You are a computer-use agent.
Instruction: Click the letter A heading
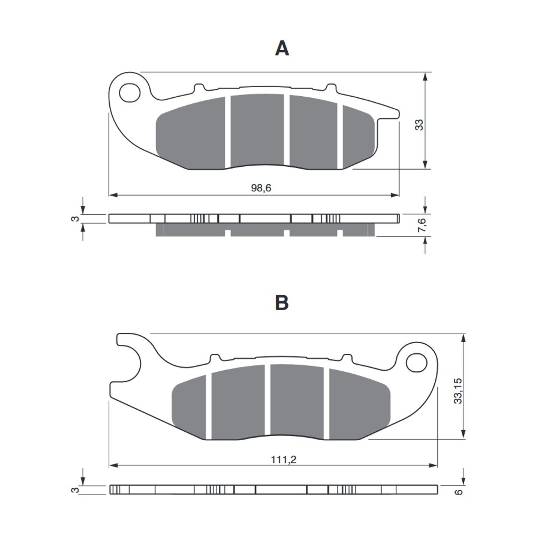[282, 49]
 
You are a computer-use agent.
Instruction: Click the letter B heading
[282, 303]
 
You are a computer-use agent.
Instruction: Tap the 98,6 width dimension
[261, 188]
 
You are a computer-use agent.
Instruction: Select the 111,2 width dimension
[284, 460]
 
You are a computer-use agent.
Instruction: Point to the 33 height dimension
[418, 125]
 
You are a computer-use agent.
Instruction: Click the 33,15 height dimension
[458, 391]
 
